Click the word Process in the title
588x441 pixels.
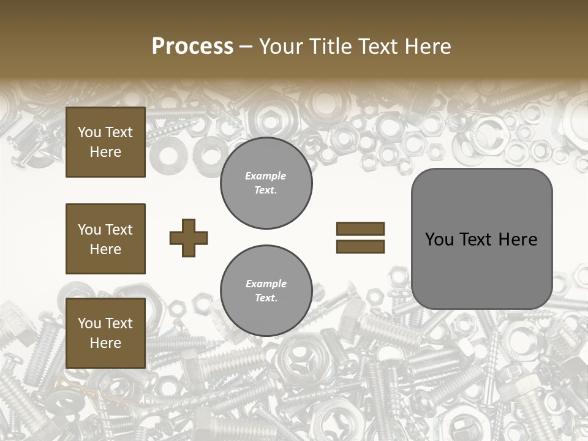pyautogui.click(x=192, y=47)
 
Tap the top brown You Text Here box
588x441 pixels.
pyautogui.click(x=105, y=142)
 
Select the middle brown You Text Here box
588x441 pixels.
pyautogui.click(x=105, y=239)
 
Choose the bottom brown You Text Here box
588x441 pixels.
pyautogui.click(x=105, y=333)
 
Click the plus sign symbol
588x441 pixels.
pyautogui.click(x=189, y=238)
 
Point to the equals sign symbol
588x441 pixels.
pyautogui.click(x=360, y=238)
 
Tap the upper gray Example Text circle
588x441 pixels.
pyautogui.click(x=266, y=183)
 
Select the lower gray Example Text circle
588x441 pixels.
pyautogui.click(x=266, y=291)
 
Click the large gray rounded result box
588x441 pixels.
pyautogui.click(x=481, y=239)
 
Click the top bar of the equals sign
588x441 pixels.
pyautogui.click(x=360, y=229)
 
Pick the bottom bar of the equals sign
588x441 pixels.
pyautogui.click(x=360, y=247)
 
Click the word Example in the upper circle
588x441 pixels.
pyautogui.click(x=266, y=176)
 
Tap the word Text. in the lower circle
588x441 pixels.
pyautogui.click(x=266, y=298)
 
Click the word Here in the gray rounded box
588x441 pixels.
pyautogui.click(x=518, y=239)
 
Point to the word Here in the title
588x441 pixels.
pyautogui.click(x=427, y=47)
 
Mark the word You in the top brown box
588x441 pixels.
pyautogui.click(x=89, y=132)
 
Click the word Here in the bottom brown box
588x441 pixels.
pyautogui.click(x=105, y=343)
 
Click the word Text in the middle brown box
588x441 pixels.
pyautogui.click(x=119, y=230)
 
